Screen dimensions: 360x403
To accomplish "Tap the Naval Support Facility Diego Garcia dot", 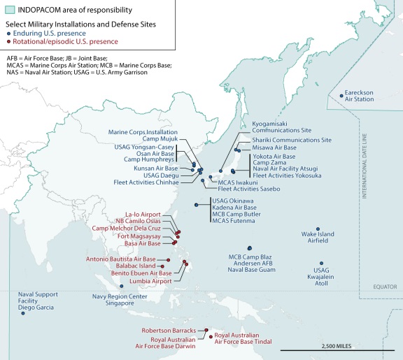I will click(23, 314).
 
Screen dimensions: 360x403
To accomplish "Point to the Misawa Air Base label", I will click(274, 148).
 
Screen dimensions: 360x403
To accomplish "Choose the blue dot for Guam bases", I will click(250, 248).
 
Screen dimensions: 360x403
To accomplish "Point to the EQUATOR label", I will click(384, 286).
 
